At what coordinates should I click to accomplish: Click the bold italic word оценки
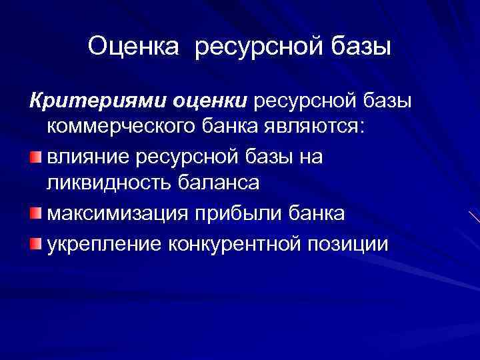[210, 101]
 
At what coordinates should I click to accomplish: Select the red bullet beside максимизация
[35, 213]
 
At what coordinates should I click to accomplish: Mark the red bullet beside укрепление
[35, 242]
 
